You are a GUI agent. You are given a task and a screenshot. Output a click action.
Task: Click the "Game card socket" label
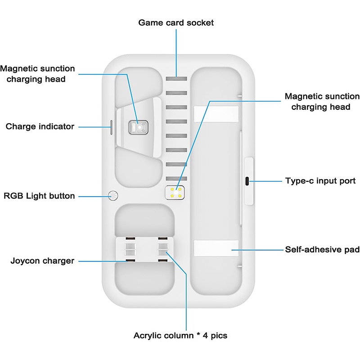point(176,22)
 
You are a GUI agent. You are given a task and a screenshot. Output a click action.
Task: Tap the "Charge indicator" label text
point(40,126)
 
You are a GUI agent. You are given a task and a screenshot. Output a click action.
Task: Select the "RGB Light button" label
point(39,196)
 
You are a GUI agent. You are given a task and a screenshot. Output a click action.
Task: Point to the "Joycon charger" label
point(42,261)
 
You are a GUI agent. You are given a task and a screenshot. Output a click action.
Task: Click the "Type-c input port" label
point(320,181)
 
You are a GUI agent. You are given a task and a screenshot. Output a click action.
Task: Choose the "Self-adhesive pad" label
point(322,249)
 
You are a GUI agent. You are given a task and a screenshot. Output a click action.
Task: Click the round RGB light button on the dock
point(113,196)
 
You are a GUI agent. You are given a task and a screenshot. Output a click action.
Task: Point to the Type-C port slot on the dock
point(247,181)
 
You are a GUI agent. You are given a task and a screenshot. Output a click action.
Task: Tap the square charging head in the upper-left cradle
point(138,128)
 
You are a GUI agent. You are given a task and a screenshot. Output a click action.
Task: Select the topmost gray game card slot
point(176,79)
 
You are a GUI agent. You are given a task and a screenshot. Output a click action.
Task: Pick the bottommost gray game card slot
point(176,178)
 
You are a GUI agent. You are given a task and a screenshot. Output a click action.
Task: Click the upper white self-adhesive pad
point(216,114)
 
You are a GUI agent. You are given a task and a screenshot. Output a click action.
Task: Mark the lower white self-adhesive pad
point(216,248)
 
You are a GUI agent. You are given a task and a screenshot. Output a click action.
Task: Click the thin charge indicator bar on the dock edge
point(111,127)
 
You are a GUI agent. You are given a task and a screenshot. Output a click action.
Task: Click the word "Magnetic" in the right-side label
point(304,97)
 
